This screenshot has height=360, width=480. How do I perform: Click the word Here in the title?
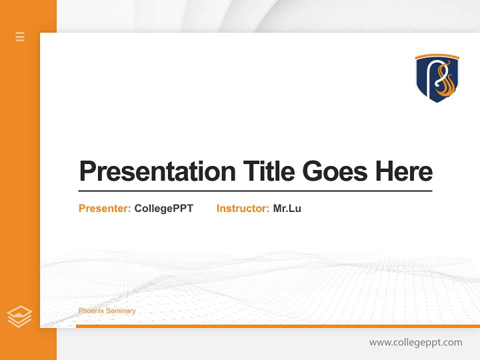(403, 171)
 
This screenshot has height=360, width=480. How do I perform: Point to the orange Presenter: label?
(104, 208)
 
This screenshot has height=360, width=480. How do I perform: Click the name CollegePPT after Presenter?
(163, 208)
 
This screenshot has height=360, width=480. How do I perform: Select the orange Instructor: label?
(242, 208)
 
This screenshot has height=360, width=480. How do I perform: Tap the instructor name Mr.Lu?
(287, 208)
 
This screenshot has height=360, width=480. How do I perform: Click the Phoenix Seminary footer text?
(107, 311)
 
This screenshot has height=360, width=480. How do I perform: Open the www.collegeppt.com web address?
(415, 342)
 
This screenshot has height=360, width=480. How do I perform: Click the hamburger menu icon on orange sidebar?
(20, 36)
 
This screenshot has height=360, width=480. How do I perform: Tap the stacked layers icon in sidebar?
(19, 316)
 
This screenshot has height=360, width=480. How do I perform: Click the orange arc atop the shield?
(437, 56)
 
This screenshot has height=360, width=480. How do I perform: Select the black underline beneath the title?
(255, 190)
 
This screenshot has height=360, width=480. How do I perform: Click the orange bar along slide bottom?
(277, 326)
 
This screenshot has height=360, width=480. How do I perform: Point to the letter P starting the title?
(87, 171)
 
